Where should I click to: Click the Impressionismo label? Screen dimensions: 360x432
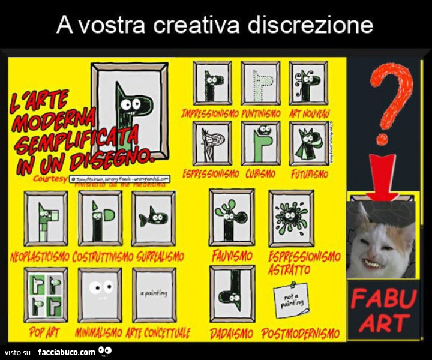pos(210,113)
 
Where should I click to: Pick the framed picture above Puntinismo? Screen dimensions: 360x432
pos(260,83)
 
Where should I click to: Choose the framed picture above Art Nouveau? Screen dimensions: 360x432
pos(308,83)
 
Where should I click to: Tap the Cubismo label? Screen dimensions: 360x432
pos(260,173)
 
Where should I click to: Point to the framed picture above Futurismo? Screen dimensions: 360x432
pos(308,143)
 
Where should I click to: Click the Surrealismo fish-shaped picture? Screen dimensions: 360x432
pos(154,218)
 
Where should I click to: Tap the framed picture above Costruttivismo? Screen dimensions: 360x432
pos(100,218)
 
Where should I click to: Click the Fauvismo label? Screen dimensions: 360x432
pos(232,256)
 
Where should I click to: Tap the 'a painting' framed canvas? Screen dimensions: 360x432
pos(154,295)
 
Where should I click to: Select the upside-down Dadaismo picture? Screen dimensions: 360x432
pos(232,293)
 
